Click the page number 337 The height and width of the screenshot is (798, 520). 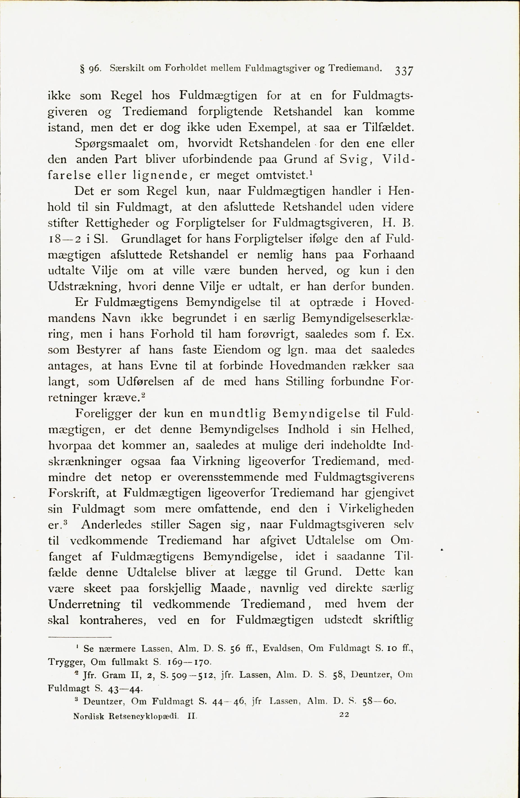pyautogui.click(x=404, y=71)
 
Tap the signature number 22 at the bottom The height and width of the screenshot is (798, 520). pyautogui.click(x=344, y=714)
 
